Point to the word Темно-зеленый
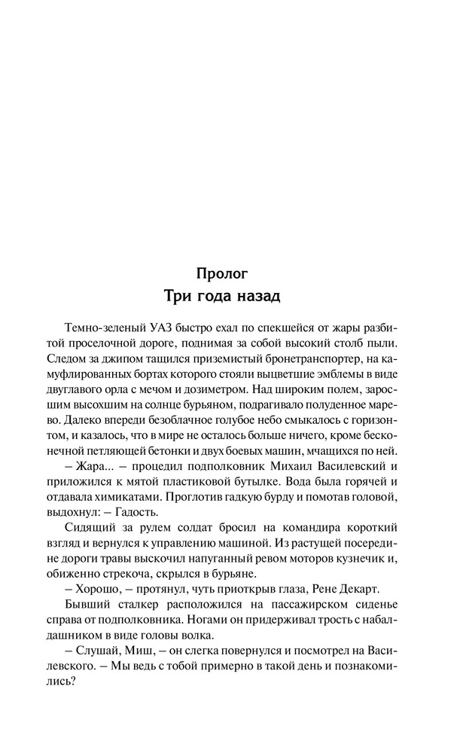99,328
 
